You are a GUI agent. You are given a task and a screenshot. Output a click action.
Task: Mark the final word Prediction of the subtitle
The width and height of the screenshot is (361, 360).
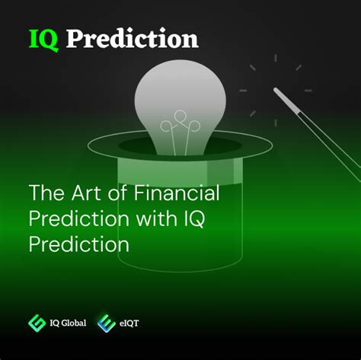tap(78, 244)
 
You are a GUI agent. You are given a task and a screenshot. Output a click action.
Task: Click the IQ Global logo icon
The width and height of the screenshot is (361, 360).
tap(37, 323)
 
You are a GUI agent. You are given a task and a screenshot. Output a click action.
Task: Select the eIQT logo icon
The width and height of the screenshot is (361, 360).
tap(106, 323)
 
